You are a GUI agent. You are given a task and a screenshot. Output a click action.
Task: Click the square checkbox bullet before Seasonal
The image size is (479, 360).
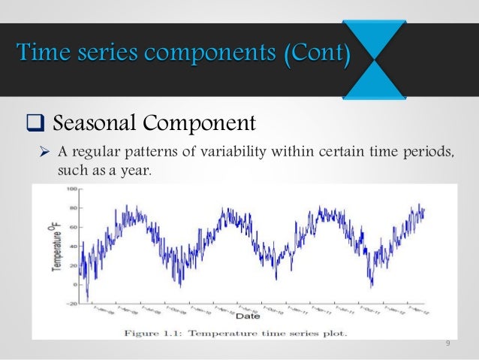[x=35, y=122]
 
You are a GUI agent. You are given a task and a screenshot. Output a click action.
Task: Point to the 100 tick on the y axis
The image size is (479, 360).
[x=71, y=189]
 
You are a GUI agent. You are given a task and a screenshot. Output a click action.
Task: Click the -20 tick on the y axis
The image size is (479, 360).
[x=71, y=304]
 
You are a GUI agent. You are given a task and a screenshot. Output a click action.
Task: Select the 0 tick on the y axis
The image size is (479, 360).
[x=74, y=285]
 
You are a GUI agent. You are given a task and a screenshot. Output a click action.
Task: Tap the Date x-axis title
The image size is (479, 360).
[x=253, y=316]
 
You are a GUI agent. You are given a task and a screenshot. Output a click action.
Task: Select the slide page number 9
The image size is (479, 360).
[x=447, y=344]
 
